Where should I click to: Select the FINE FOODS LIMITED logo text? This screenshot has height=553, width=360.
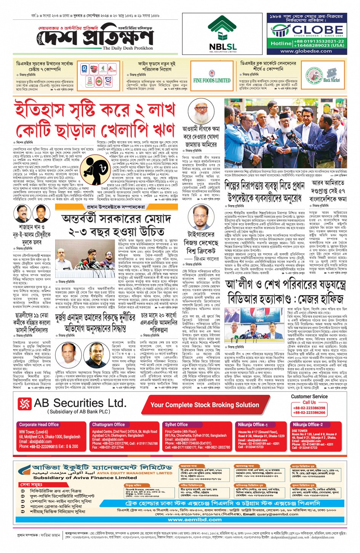[x=211, y=80]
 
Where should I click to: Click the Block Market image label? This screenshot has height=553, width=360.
[x=331, y=80]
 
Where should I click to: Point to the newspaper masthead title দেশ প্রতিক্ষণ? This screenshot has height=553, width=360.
[x=98, y=37]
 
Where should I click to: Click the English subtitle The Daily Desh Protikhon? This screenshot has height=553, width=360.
[x=128, y=48]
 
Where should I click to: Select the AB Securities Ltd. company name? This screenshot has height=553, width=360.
[x=80, y=403]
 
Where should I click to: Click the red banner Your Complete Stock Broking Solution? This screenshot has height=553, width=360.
[x=205, y=405]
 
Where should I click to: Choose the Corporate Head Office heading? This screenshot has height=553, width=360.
[x=39, y=425]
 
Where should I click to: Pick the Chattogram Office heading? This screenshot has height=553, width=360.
[x=109, y=425]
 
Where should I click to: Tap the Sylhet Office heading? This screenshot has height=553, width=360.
[x=176, y=425]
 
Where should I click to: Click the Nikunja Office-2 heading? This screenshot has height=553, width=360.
[x=307, y=425]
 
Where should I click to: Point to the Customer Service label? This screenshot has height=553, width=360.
[x=309, y=396]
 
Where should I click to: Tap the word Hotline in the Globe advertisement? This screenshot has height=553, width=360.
[x=281, y=43]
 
